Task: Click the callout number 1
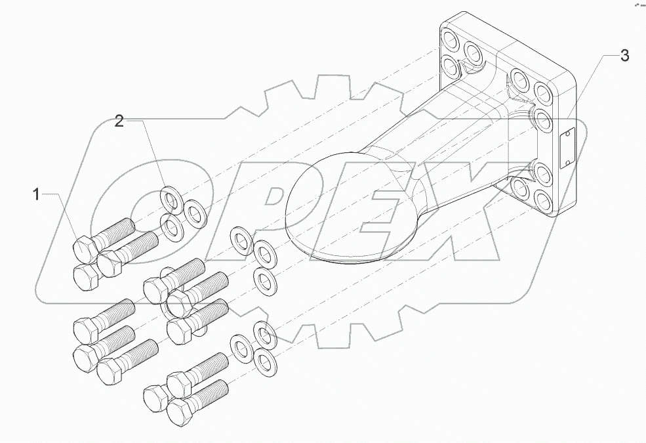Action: tap(36, 194)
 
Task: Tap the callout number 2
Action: tap(119, 121)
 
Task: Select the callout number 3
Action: tap(624, 56)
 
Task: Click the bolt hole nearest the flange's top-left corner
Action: tap(451, 35)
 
